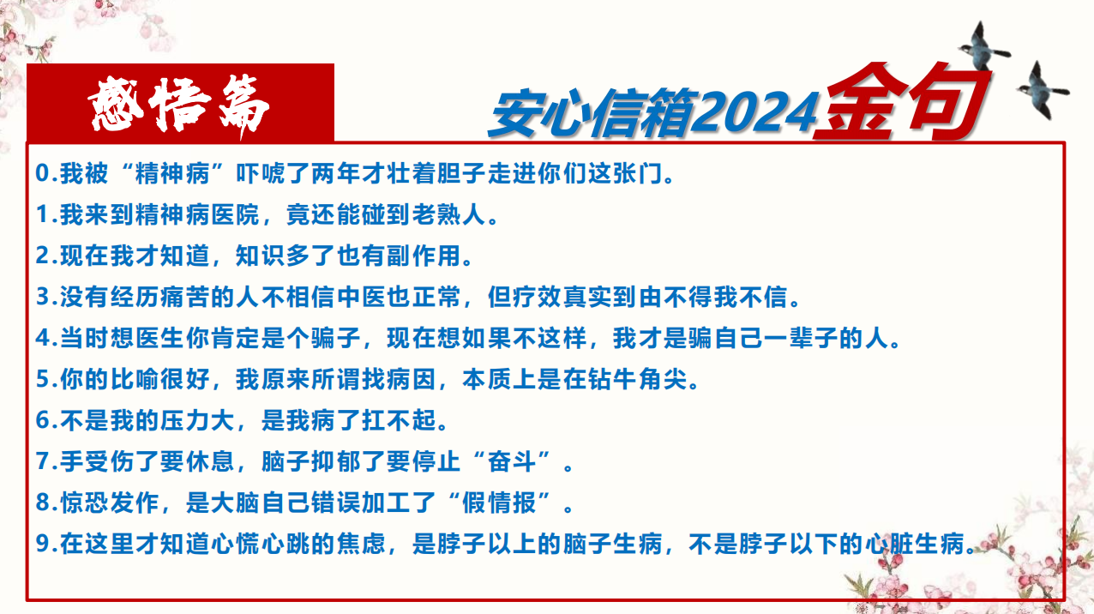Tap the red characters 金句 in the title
pyautogui.click(x=902, y=101)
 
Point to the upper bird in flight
pyautogui.click(x=983, y=46)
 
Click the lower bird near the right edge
pyautogui.click(x=1043, y=90)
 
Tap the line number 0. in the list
pyautogui.click(x=46, y=173)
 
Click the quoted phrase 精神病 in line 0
pyautogui.click(x=172, y=173)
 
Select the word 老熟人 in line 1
pyautogui.click(x=449, y=214)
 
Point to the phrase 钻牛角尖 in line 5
pyautogui.click(x=638, y=379)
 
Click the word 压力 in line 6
pyautogui.click(x=185, y=420)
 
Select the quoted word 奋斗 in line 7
pyautogui.click(x=512, y=461)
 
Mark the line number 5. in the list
pyautogui.click(x=46, y=379)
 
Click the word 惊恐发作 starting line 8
pyautogui.click(x=110, y=503)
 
